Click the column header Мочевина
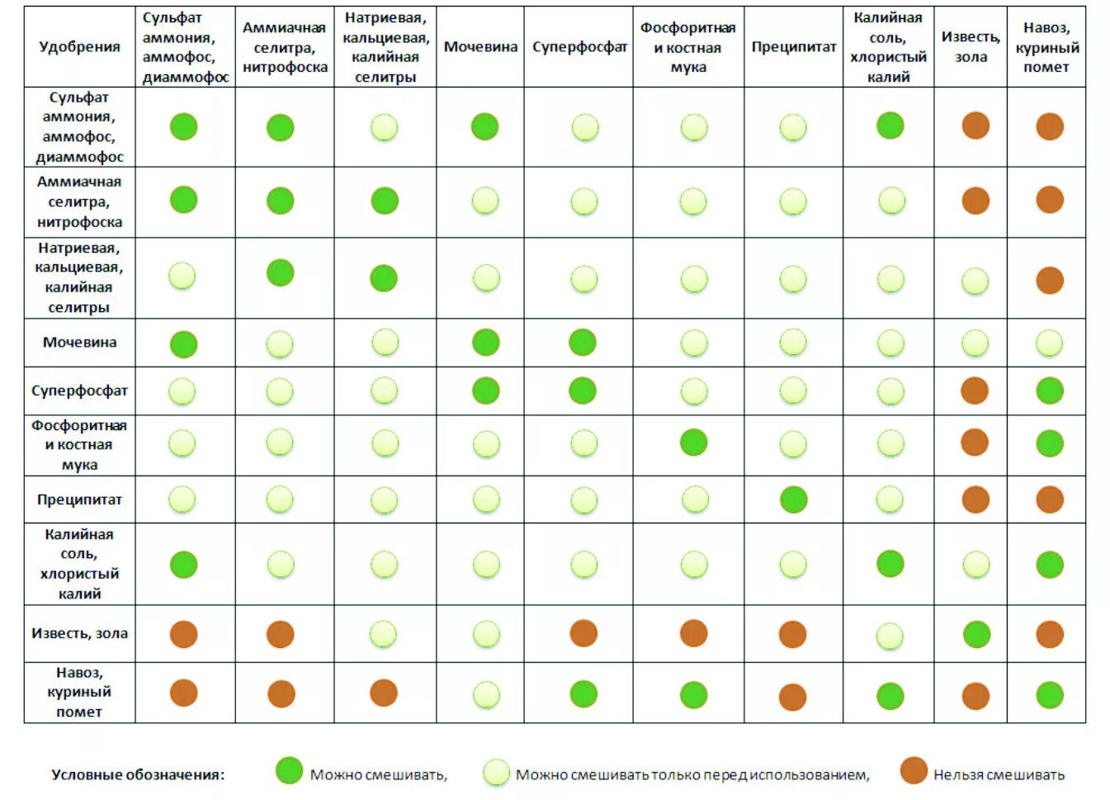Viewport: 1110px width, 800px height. coord(480,47)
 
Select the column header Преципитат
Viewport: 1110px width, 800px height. coord(793,47)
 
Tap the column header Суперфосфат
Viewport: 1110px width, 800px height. coord(579,47)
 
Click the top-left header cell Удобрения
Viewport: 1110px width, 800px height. coord(79,47)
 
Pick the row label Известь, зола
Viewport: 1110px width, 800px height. coord(79,633)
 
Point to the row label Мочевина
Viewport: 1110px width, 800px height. coord(79,343)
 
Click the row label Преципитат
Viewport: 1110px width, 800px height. coord(79,499)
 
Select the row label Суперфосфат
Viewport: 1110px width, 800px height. coord(79,391)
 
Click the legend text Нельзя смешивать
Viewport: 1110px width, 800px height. coord(999,775)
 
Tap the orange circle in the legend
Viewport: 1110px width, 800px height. coord(914,770)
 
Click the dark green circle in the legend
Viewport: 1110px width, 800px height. coord(289,770)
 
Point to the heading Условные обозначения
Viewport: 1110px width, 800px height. coord(138,775)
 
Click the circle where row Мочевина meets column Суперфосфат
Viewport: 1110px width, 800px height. coord(583,342)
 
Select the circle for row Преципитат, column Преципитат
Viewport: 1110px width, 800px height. coord(793,499)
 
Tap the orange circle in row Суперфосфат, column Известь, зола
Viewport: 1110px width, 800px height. coord(975,391)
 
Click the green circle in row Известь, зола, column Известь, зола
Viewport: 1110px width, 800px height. coord(976,634)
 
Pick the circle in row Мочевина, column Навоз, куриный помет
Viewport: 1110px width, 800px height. coord(1049,343)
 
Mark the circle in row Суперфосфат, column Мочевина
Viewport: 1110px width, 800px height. coord(485,391)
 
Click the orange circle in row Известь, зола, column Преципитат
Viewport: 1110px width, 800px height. coord(792,634)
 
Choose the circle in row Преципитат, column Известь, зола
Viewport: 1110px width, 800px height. coord(975,499)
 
